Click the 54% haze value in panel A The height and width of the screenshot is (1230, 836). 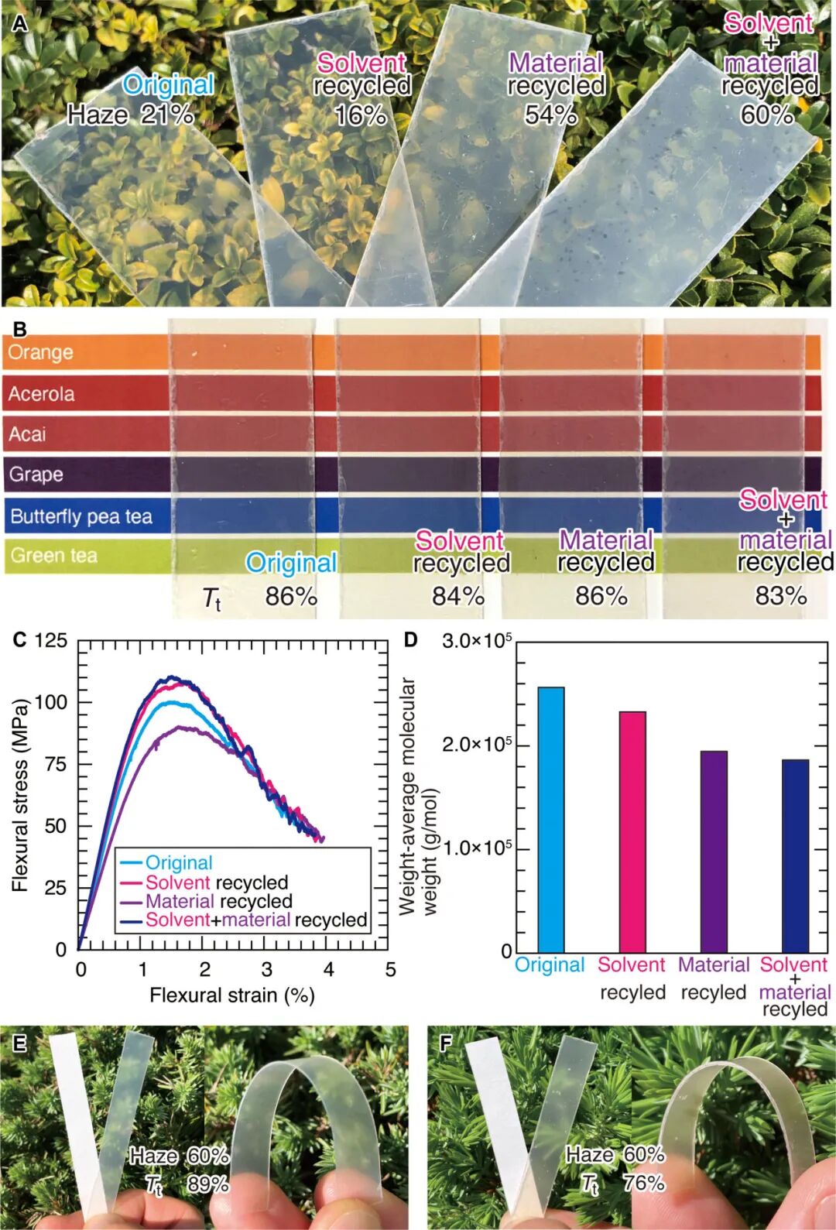pyautogui.click(x=551, y=115)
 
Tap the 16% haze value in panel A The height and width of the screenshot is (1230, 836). pyautogui.click(x=361, y=115)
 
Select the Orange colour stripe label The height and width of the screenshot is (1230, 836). pyautogui.click(x=41, y=352)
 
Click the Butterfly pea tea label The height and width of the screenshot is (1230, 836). pyautogui.click(x=81, y=516)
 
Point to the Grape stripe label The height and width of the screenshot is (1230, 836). pyautogui.click(x=36, y=474)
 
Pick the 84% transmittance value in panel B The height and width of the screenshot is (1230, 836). pyautogui.click(x=458, y=596)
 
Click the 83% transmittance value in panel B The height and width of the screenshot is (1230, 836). pyautogui.click(x=780, y=595)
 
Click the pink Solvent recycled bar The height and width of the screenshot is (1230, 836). pyautogui.click(x=632, y=831)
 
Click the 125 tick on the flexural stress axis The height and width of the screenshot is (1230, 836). pyautogui.click(x=51, y=641)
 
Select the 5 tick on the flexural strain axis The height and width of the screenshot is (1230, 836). pyautogui.click(x=390, y=969)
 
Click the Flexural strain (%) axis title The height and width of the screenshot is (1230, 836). pyautogui.click(x=232, y=995)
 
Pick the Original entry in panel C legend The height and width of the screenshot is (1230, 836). pyautogui.click(x=178, y=862)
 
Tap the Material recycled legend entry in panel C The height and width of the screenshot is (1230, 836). pyautogui.click(x=218, y=901)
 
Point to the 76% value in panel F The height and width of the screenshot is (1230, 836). pyautogui.click(x=644, y=1183)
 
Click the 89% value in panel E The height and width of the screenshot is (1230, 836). pyautogui.click(x=207, y=1184)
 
